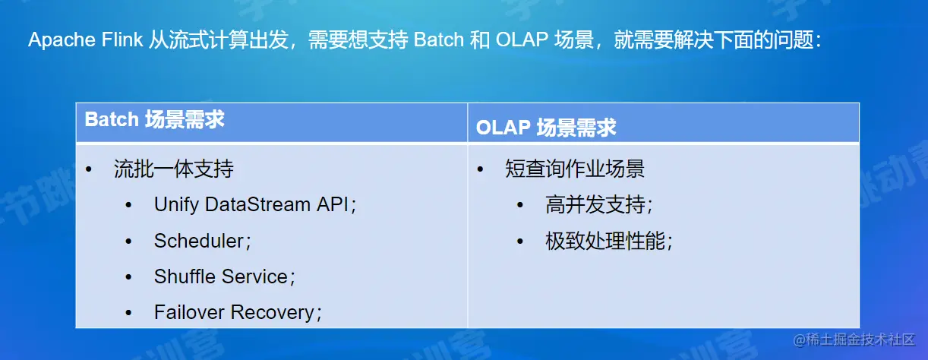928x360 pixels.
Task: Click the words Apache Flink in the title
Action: point(85,40)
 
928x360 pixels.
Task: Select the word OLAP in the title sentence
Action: point(522,39)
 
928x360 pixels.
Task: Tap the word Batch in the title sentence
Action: point(439,39)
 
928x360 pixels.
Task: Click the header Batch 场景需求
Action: point(154,119)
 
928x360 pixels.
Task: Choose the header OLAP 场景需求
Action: point(546,127)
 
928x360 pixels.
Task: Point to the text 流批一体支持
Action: point(174,169)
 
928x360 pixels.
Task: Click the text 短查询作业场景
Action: point(575,169)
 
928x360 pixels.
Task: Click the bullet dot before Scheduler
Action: point(128,241)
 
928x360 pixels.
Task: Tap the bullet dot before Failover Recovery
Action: point(128,313)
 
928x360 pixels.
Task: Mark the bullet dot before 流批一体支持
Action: point(88,169)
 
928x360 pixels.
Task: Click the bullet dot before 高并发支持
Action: point(520,205)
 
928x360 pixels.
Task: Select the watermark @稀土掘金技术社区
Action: point(854,339)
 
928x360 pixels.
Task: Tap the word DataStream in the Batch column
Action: point(257,204)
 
